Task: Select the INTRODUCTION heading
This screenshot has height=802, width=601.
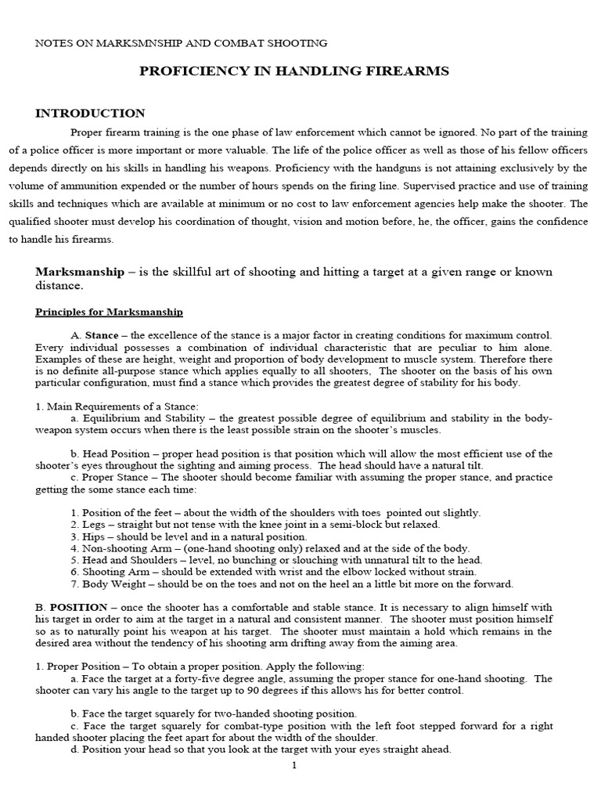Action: [x=90, y=114]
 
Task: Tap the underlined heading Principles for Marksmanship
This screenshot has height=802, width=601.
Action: [x=110, y=312]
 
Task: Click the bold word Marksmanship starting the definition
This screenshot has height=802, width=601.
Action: [x=80, y=272]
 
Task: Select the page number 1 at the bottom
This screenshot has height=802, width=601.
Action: [x=294, y=765]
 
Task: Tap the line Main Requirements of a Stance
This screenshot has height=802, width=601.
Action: [x=117, y=406]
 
